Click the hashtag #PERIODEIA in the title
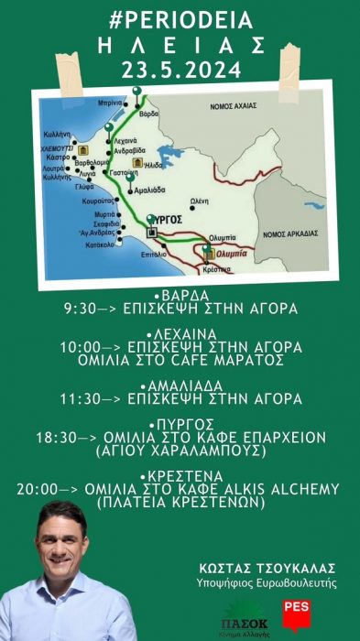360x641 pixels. click(180, 18)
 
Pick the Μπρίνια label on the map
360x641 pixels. click(112, 104)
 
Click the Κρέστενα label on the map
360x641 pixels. click(218, 269)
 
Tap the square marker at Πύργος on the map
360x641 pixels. click(153, 233)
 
